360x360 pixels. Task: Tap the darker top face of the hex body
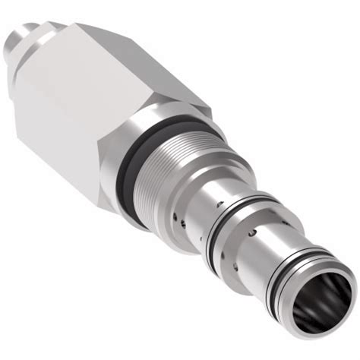(137, 57)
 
